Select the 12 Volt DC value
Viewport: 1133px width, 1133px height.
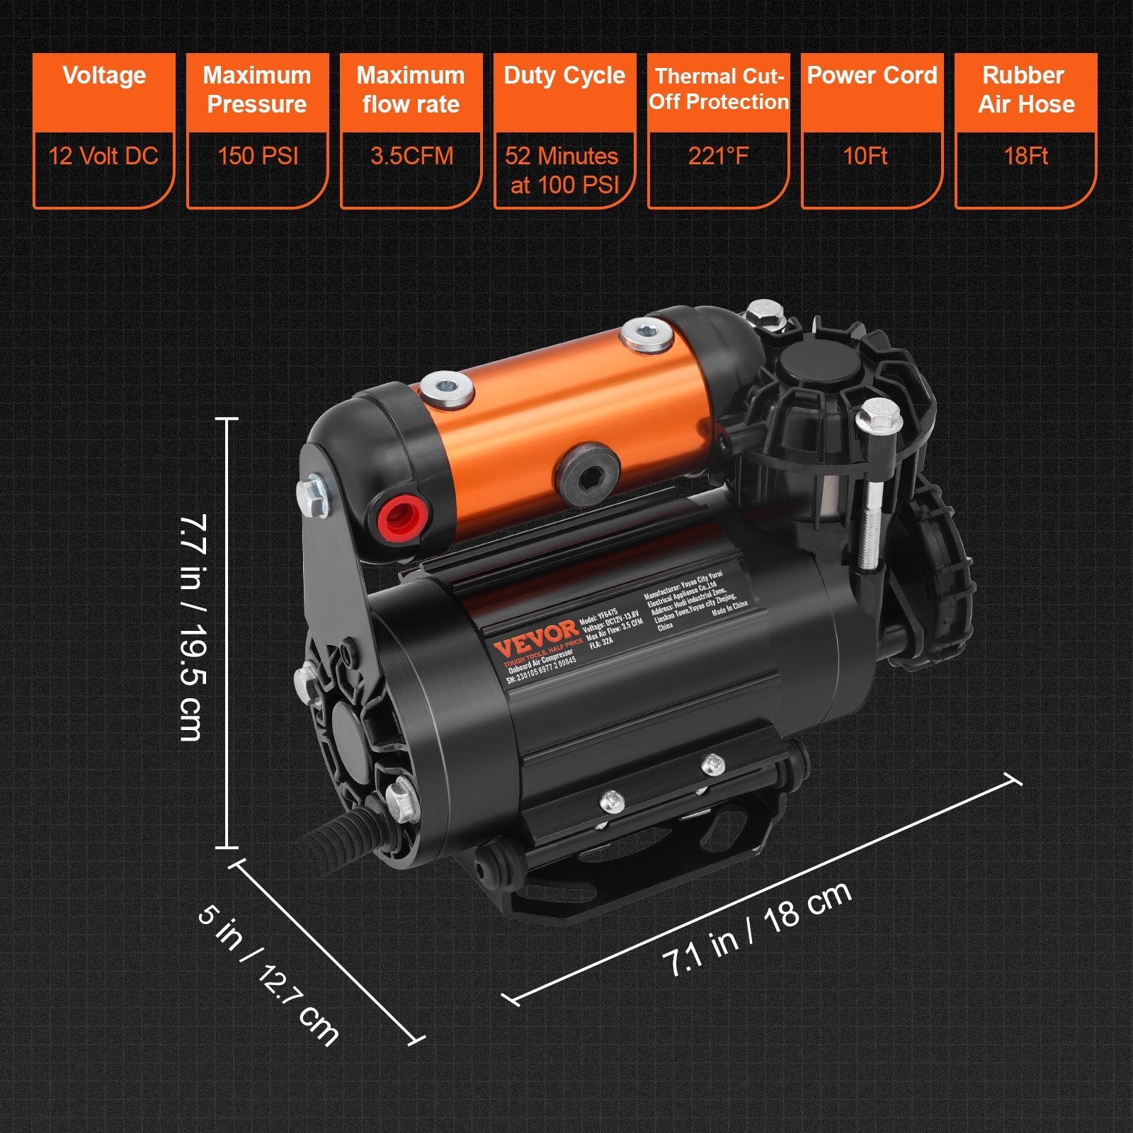click(103, 156)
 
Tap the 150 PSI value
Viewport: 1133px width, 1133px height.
click(258, 156)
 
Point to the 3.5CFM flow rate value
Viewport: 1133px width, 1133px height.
click(411, 156)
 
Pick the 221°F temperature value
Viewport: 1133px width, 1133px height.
click(718, 156)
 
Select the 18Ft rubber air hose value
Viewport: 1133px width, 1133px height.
click(1025, 156)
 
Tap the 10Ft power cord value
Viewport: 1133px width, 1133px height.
click(865, 156)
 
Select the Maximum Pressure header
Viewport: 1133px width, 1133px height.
click(257, 91)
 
